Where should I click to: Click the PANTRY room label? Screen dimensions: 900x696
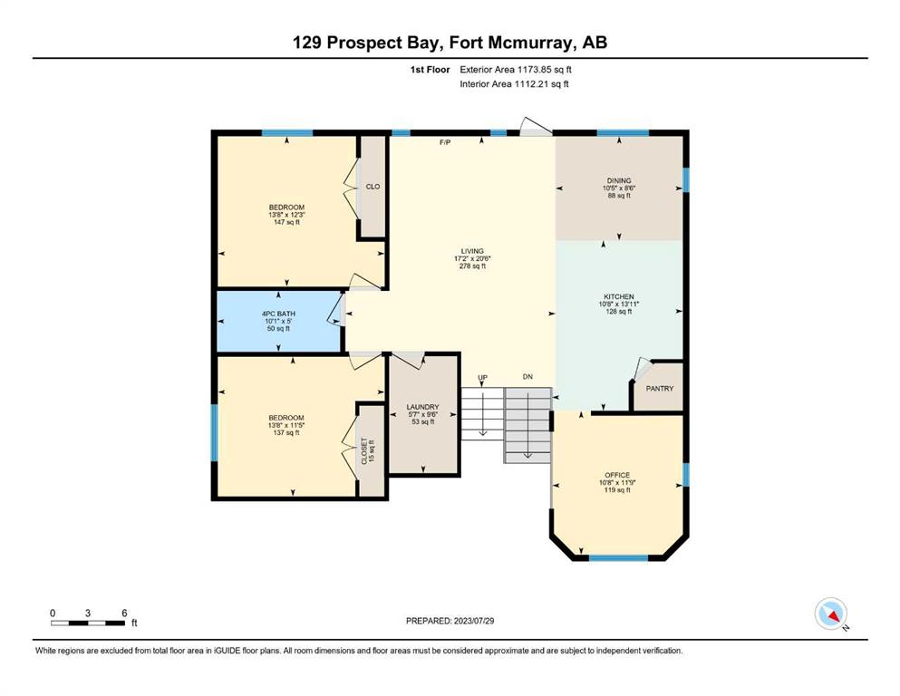(x=660, y=389)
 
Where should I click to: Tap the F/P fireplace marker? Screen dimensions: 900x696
(x=445, y=142)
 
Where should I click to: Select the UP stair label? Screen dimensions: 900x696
(x=483, y=378)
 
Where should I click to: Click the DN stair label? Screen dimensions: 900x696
(x=527, y=377)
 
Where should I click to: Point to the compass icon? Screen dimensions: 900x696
(x=831, y=614)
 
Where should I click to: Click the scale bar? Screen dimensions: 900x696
(x=88, y=623)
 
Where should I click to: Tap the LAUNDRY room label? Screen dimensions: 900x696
(x=422, y=407)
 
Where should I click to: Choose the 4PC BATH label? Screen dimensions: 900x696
(x=278, y=314)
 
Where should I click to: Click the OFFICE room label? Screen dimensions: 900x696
(x=617, y=475)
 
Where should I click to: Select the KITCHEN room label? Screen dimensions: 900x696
(x=619, y=296)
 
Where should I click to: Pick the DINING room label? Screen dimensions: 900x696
(x=619, y=180)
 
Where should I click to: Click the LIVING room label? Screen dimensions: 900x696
(x=472, y=251)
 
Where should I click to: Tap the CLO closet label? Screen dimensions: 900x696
(x=373, y=187)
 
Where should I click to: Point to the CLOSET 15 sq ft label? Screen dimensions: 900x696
(x=367, y=451)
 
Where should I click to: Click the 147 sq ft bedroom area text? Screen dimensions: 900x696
(x=287, y=222)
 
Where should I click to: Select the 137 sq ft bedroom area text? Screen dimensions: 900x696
(x=286, y=432)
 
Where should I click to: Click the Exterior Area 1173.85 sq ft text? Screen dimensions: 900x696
(x=516, y=70)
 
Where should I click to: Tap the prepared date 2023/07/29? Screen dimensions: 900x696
(x=473, y=621)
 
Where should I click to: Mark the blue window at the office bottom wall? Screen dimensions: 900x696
(x=619, y=557)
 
